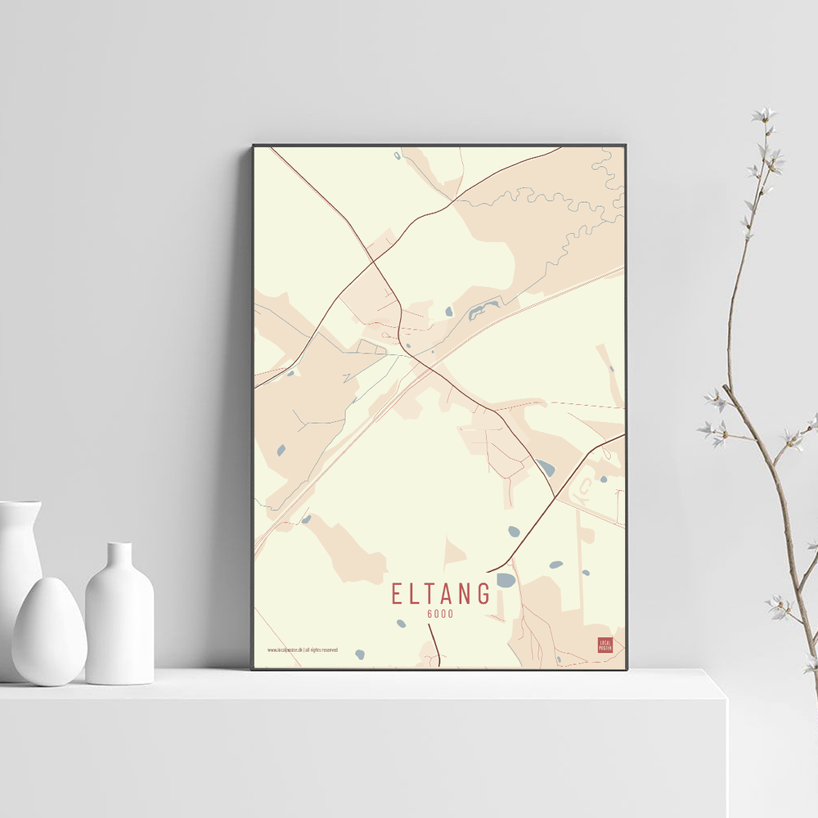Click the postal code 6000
[x=440, y=614]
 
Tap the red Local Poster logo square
[x=605, y=645]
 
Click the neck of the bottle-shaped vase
[x=119, y=556]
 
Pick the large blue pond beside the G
[x=506, y=580]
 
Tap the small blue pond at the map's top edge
[x=398, y=155]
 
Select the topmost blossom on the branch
[x=764, y=115]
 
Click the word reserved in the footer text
[x=328, y=650]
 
